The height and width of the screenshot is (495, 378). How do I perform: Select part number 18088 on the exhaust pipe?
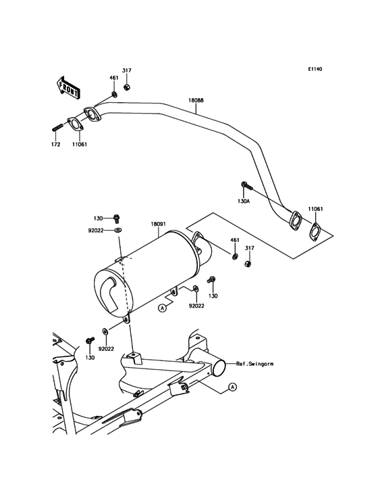[196, 100]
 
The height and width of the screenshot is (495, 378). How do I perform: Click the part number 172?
[56, 144]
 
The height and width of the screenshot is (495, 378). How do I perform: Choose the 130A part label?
[244, 199]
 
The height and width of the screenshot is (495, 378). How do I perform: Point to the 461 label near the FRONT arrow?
[114, 78]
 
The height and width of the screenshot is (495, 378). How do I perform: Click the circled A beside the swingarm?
[232, 387]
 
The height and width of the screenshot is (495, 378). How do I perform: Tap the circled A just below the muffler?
[162, 308]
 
